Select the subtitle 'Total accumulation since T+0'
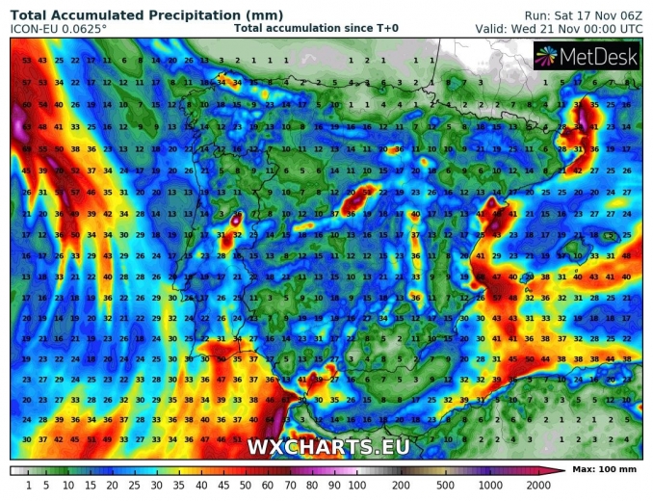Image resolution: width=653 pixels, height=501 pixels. point(316,29)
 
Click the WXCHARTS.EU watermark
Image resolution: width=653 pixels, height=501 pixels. point(328,447)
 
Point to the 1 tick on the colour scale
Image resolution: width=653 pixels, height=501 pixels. point(29,484)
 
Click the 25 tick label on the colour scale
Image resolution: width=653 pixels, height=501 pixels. point(135,484)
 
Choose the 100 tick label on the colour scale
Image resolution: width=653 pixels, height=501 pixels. point(356,484)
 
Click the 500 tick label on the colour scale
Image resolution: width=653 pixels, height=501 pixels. point(446,484)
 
